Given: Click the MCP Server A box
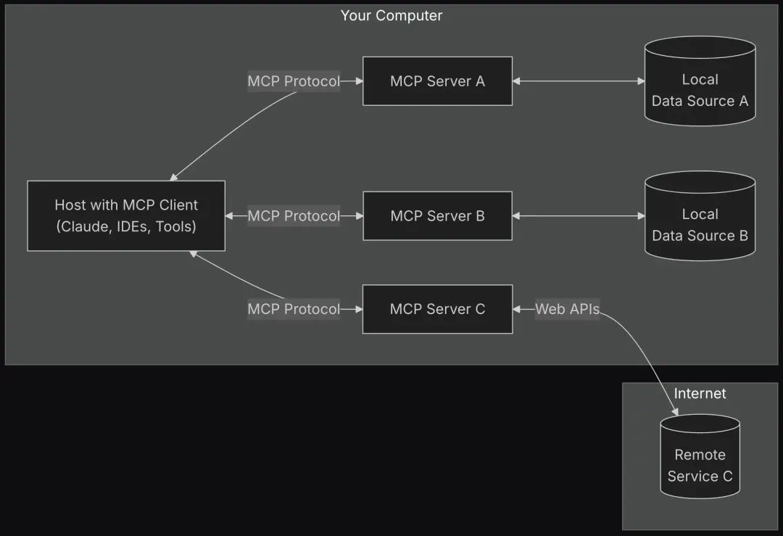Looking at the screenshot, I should (x=437, y=81).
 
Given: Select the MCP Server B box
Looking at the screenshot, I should (x=437, y=216).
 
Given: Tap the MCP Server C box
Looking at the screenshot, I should (x=437, y=309).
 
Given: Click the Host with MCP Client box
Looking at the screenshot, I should (x=126, y=216).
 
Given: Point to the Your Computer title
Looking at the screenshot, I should (x=391, y=15).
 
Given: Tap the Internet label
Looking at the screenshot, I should (x=700, y=393).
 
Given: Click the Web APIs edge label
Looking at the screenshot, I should (x=567, y=309).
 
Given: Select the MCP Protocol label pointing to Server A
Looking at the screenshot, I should (x=294, y=81).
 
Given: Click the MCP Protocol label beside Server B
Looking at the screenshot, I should (x=294, y=216).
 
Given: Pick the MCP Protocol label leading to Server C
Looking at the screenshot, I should (x=294, y=309).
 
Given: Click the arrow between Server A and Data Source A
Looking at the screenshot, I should (x=579, y=81).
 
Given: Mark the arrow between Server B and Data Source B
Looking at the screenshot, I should (x=579, y=216).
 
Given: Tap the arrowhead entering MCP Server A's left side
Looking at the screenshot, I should (x=358, y=81).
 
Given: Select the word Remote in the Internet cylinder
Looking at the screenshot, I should (x=700, y=455).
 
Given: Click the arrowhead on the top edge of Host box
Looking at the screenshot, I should (x=173, y=177).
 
